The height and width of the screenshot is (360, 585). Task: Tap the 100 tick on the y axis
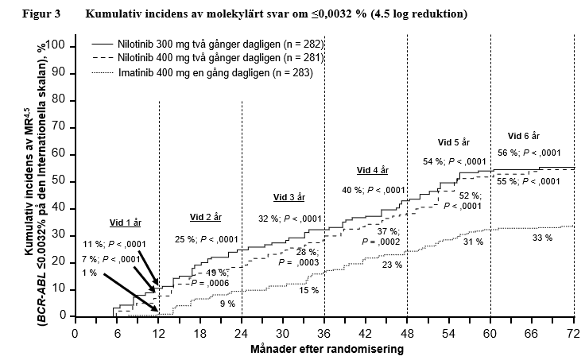point(56,46)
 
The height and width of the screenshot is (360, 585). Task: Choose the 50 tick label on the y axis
point(60,182)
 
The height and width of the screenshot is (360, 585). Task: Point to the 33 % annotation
point(542,238)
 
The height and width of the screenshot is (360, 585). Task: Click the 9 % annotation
point(227,304)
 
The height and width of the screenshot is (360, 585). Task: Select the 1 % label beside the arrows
point(89,273)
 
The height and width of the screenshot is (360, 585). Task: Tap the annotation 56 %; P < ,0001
point(529,153)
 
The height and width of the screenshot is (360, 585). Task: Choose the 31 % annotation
point(474,241)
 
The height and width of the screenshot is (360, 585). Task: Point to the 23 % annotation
point(391,265)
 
